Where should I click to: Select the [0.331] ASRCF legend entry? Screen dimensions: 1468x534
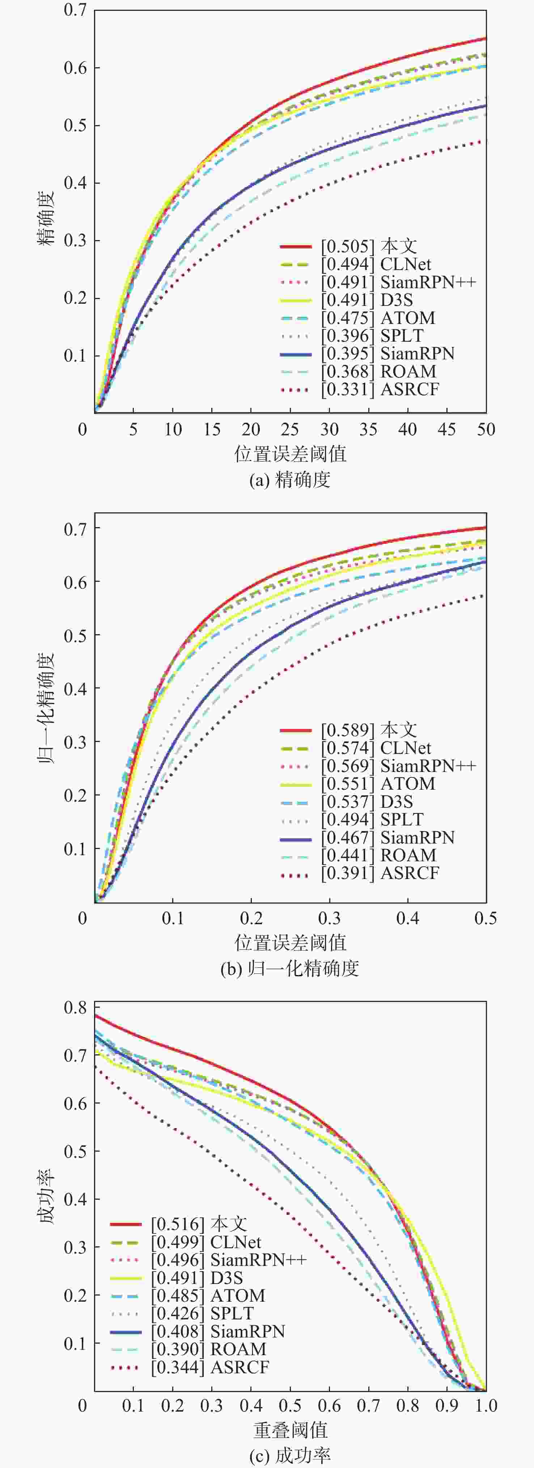pos(380,390)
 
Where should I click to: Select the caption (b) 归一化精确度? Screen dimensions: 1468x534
pos(290,969)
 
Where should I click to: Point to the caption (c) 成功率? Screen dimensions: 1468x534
pos(290,1456)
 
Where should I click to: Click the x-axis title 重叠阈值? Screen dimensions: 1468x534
pos(290,1430)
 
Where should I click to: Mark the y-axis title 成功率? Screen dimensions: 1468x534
pos(47,1197)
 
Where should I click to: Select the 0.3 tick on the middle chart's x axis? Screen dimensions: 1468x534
pos(329,919)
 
